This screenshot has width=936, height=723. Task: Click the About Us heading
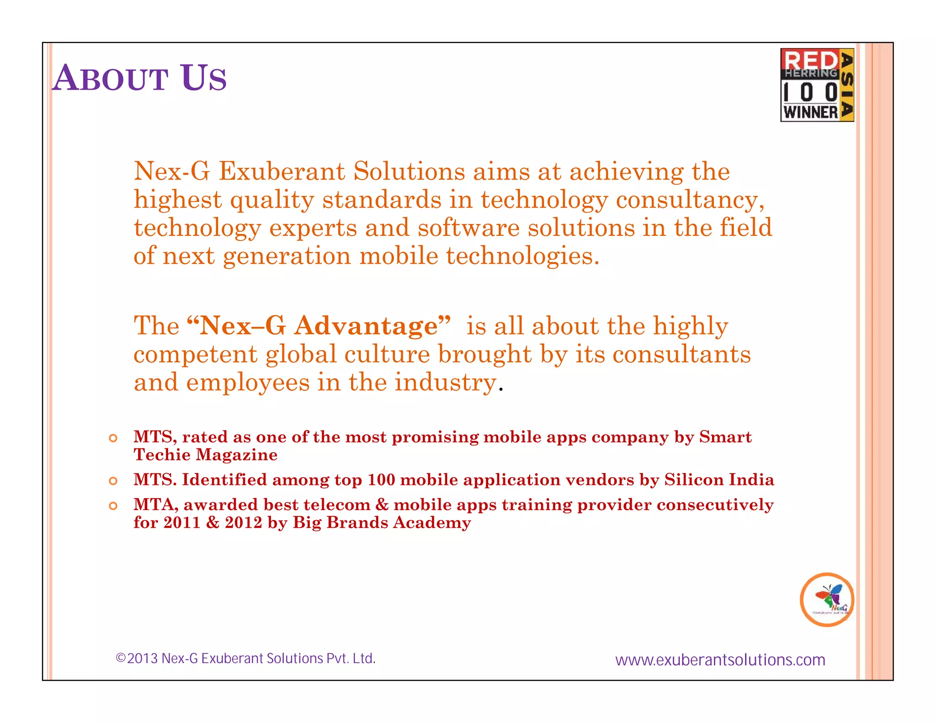(139, 78)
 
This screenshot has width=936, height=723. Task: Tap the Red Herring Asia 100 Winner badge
(817, 85)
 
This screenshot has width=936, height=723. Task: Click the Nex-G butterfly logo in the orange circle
(827, 599)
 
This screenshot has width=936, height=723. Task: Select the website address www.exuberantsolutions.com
(720, 660)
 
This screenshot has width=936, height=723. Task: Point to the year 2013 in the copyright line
(142, 659)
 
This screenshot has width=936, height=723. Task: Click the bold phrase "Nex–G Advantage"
(319, 326)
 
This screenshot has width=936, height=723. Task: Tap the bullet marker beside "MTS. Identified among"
(113, 481)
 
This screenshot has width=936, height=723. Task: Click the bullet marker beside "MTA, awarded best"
(113, 506)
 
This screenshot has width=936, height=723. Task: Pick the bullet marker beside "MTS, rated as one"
(113, 438)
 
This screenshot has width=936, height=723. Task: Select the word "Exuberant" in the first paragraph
(282, 172)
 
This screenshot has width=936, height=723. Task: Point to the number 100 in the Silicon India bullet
(381, 480)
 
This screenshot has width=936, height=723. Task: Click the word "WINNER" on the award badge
(810, 112)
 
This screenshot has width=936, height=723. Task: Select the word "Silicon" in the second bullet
(693, 480)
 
